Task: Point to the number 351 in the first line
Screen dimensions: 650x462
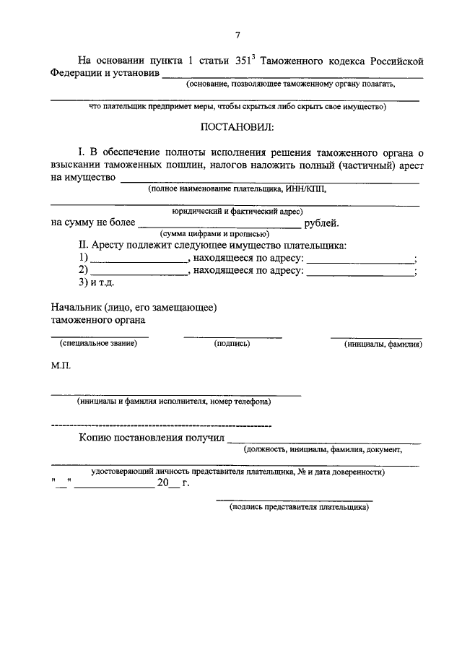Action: [x=245, y=61]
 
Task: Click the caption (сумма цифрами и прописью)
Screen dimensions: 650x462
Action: [x=214, y=234]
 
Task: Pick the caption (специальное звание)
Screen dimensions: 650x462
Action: [x=99, y=343]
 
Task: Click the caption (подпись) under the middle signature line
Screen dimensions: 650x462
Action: [x=232, y=343]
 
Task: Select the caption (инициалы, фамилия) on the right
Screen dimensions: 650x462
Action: [x=383, y=344]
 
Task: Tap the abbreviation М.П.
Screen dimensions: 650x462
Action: [x=61, y=368]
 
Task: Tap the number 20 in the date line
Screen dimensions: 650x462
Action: [x=163, y=482]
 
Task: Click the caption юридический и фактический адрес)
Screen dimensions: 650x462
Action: [x=236, y=212]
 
